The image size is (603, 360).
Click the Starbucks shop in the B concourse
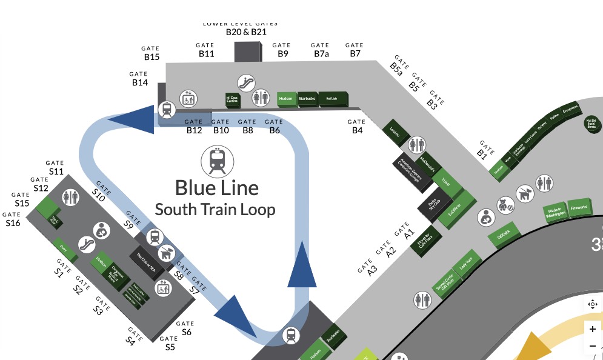point(307,99)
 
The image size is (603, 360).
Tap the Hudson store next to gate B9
point(286,98)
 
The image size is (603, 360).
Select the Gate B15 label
point(151,53)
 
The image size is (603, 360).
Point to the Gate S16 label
point(13,219)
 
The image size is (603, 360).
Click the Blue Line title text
point(216,188)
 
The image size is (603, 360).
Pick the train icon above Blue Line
point(217,160)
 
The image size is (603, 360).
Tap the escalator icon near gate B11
point(245,82)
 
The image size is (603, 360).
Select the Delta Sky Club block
point(433,206)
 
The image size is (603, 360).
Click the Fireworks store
point(578,208)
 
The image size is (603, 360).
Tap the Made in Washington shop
point(556,212)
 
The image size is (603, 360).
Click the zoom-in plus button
point(592,329)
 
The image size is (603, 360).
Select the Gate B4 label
point(357,127)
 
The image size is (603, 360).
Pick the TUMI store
point(445,182)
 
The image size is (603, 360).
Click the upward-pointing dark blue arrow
point(302,264)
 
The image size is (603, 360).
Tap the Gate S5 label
point(170,344)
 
